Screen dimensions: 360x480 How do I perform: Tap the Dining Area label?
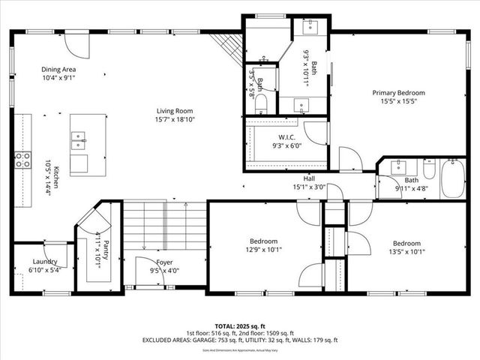58,69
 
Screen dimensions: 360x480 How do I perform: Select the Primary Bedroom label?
397,93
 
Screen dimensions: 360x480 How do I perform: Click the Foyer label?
164,262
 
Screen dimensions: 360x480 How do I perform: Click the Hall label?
308,179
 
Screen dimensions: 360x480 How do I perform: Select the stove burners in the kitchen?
22,159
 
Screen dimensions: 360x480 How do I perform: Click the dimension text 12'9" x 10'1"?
267,250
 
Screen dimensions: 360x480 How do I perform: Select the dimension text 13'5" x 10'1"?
406,251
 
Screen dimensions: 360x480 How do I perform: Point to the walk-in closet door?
316,133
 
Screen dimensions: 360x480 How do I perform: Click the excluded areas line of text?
239,340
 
